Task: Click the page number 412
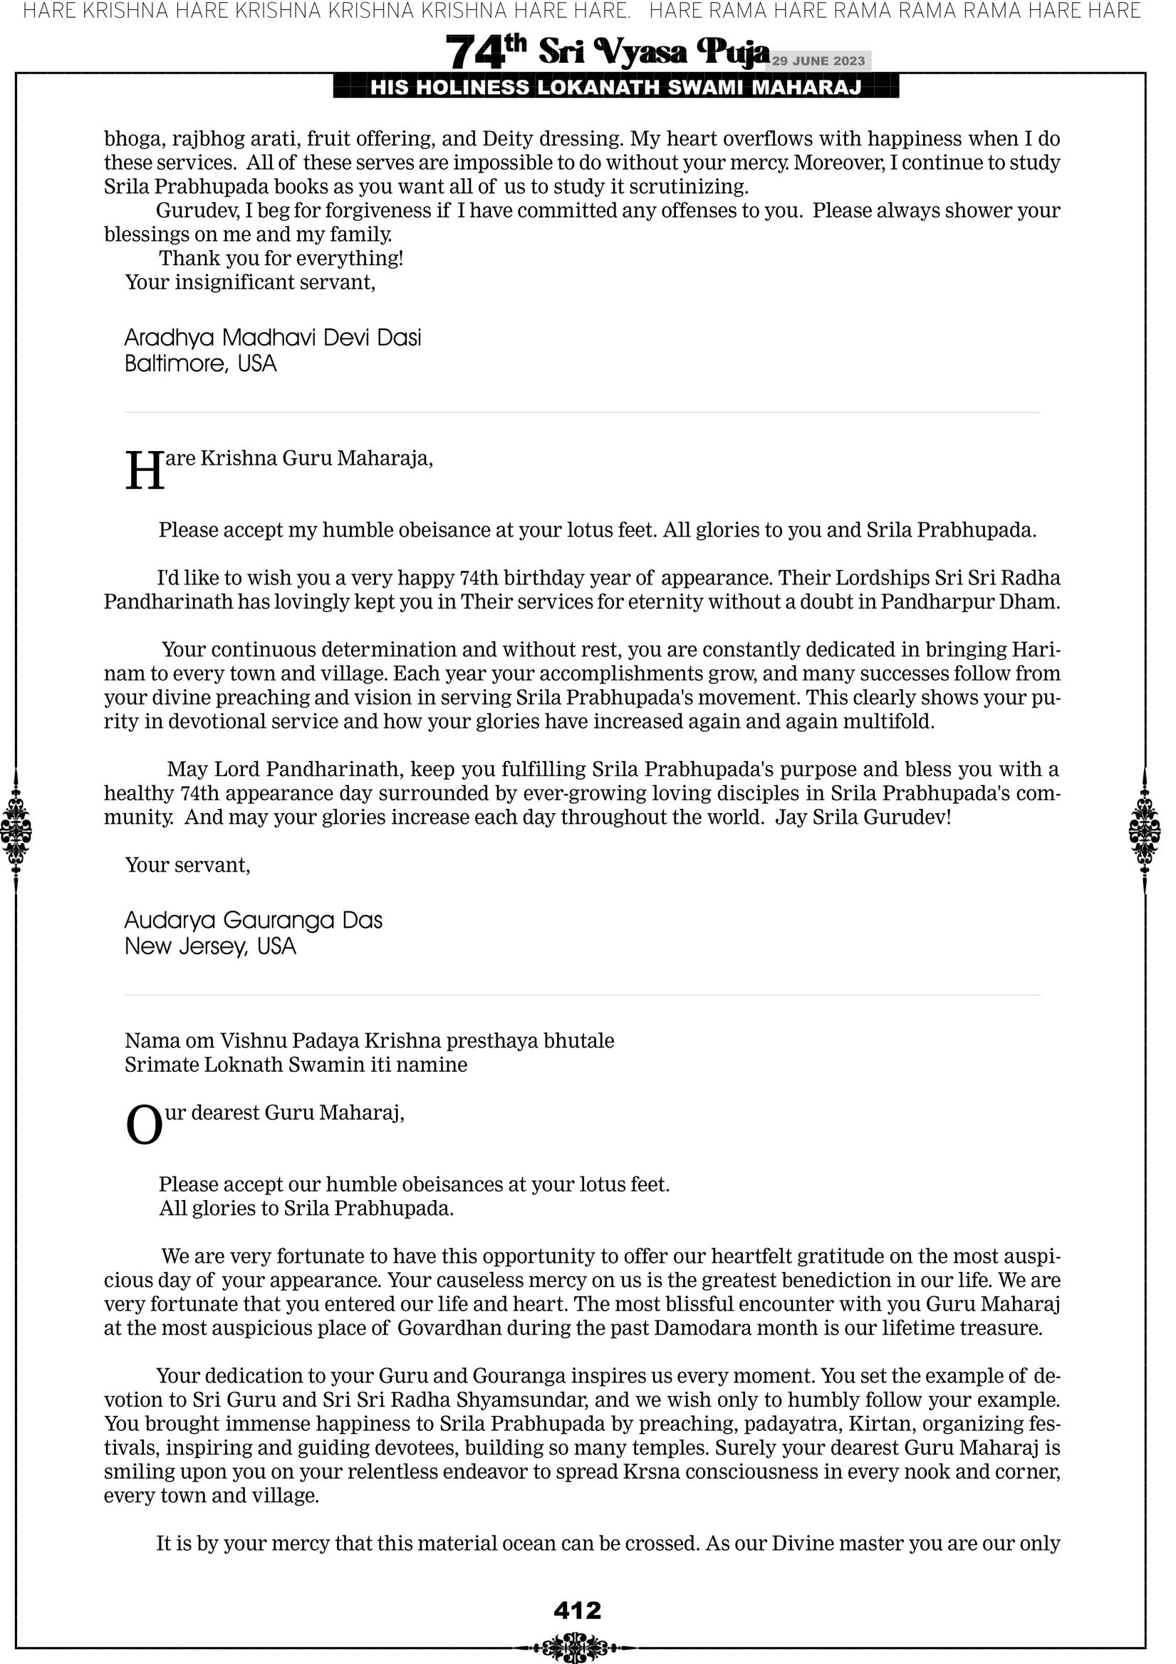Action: [x=577, y=1611]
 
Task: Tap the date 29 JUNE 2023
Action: [x=818, y=61]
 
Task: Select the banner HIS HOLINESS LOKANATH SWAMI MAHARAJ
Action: [x=616, y=88]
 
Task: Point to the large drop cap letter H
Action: [x=145, y=471]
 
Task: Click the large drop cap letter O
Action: [x=144, y=1126]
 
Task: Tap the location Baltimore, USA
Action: [x=201, y=363]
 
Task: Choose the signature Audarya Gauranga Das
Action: [x=253, y=921]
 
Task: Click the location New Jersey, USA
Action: [x=210, y=946]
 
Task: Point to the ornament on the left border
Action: [x=16, y=830]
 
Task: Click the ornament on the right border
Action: [x=1145, y=830]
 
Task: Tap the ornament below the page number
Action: [x=576, y=1647]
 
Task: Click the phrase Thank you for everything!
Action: [x=281, y=258]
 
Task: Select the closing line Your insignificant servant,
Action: [x=250, y=282]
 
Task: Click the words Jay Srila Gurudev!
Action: [x=863, y=817]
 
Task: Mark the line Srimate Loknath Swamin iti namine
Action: [x=296, y=1065]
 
